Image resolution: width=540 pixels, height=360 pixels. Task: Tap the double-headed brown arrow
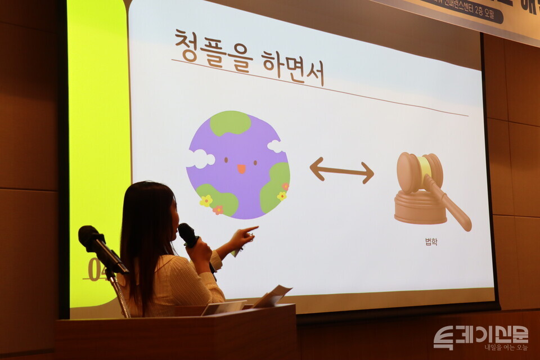[x=341, y=170]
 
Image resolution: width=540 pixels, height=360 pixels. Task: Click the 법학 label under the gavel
[x=431, y=242]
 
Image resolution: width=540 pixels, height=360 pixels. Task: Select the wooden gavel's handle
[x=450, y=202]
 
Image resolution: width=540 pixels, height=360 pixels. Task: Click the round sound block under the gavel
[x=419, y=208]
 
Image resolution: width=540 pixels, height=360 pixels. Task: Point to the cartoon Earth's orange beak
[x=241, y=168]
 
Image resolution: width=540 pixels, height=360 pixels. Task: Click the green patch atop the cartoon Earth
[x=231, y=123]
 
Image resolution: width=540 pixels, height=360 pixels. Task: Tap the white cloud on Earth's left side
[x=199, y=159]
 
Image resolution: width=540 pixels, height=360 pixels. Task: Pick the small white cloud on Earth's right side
[x=275, y=146]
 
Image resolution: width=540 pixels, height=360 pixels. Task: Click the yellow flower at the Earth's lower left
[x=206, y=200]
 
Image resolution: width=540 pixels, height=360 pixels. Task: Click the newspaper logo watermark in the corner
[x=480, y=337]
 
